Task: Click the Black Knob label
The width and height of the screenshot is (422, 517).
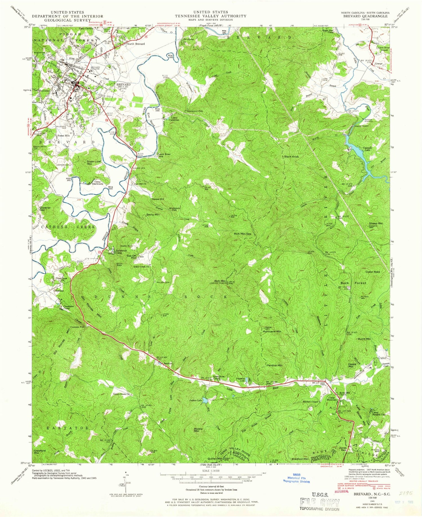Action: pos(291,156)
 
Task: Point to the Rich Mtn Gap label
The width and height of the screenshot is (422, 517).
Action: pos(243,234)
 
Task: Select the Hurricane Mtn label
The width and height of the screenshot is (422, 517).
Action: pos(271,332)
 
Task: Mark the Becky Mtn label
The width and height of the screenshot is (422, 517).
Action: pos(153,215)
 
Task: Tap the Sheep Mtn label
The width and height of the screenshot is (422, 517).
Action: pos(376,223)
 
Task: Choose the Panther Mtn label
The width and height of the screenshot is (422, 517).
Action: pos(274,365)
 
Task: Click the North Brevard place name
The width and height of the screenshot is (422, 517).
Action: pos(136,44)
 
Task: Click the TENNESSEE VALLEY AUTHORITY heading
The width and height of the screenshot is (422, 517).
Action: pos(210,16)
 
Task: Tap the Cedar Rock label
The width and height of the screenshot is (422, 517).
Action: pos(372,272)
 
